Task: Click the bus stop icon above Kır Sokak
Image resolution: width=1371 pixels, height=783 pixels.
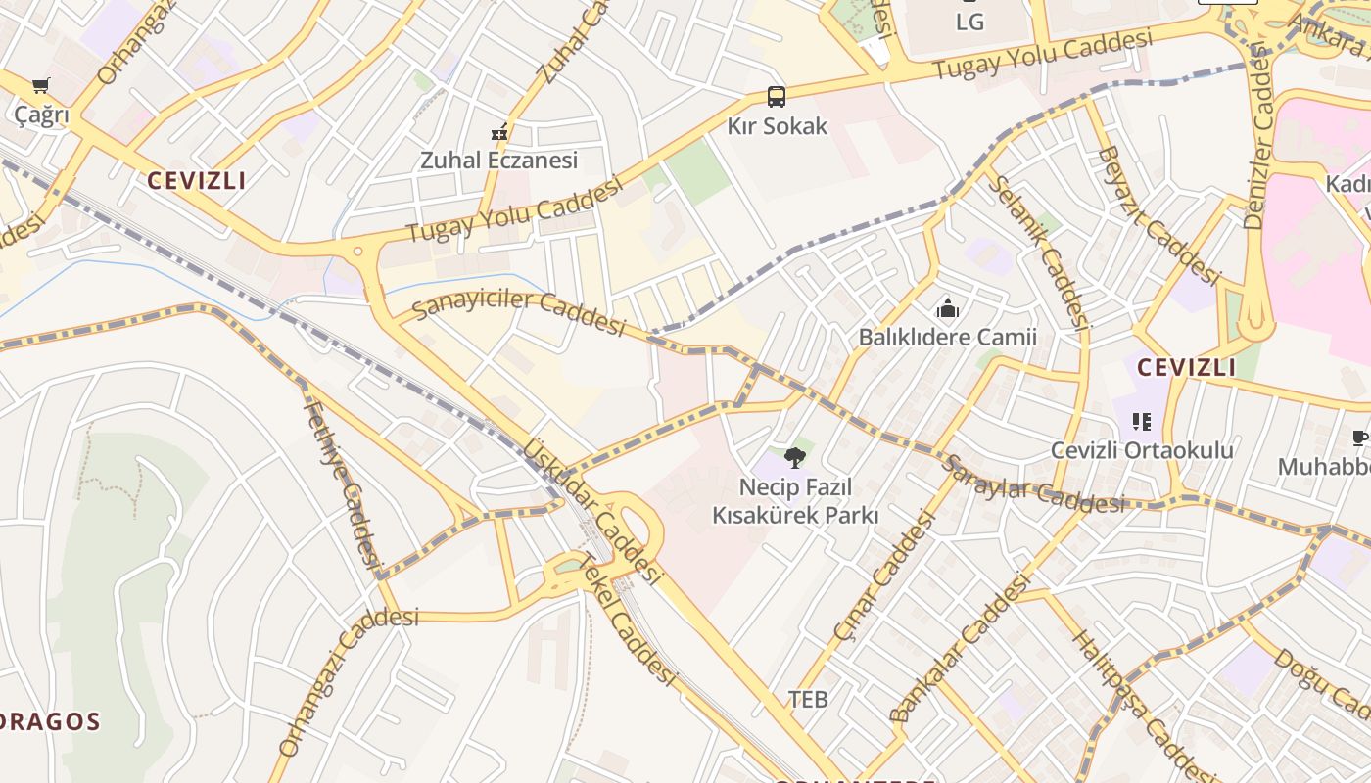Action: pos(777,97)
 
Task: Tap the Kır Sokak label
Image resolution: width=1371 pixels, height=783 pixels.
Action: pos(777,126)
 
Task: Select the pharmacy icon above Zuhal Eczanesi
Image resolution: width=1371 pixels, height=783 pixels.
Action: pos(499,132)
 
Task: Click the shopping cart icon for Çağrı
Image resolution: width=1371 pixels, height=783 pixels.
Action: pos(40,86)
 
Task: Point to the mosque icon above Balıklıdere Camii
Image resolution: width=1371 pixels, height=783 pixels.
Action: pos(947,309)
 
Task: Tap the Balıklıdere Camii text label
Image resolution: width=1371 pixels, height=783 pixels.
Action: pos(947,338)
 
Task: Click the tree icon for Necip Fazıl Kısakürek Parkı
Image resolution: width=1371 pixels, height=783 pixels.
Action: pos(795,457)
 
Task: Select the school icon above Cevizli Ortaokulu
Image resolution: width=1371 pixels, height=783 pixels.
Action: pos(1141,422)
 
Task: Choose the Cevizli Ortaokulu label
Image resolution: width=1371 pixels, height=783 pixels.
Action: pos(1142,450)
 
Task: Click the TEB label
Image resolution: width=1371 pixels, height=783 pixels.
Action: pos(808,699)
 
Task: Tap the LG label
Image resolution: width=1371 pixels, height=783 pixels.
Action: pos(969,21)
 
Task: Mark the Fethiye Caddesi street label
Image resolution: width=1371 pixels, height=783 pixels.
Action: pos(343,484)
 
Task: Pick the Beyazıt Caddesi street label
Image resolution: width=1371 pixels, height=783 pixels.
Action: pos(1158,216)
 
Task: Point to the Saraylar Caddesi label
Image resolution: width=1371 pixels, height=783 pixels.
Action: pos(1032,485)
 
